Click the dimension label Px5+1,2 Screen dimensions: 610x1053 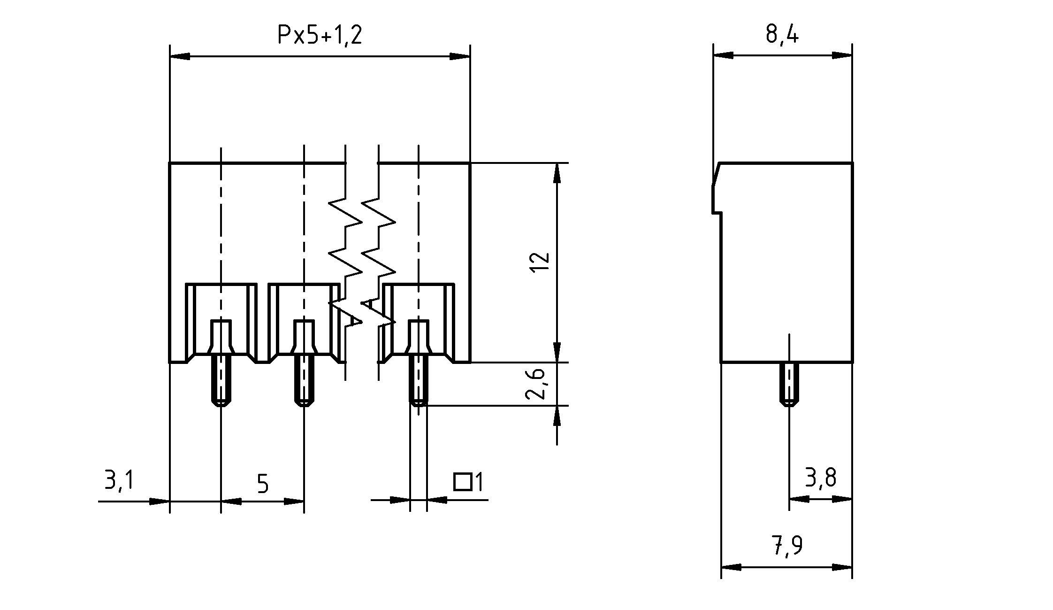click(x=320, y=35)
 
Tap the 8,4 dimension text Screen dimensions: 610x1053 click(x=782, y=34)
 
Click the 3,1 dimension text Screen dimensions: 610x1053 click(x=119, y=481)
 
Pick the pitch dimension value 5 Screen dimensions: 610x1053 click(x=263, y=484)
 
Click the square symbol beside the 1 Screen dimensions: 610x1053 click(x=462, y=482)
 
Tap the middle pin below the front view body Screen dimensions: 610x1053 click(x=304, y=383)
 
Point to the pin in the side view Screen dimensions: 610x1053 click(x=789, y=384)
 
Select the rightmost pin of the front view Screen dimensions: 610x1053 click(x=418, y=383)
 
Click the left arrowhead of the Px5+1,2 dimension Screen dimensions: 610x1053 click(x=180, y=56)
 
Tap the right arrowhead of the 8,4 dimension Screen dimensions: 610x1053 click(x=842, y=55)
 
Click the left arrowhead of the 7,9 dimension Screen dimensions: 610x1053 click(x=731, y=567)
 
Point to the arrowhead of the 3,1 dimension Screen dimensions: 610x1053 click(x=159, y=501)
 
